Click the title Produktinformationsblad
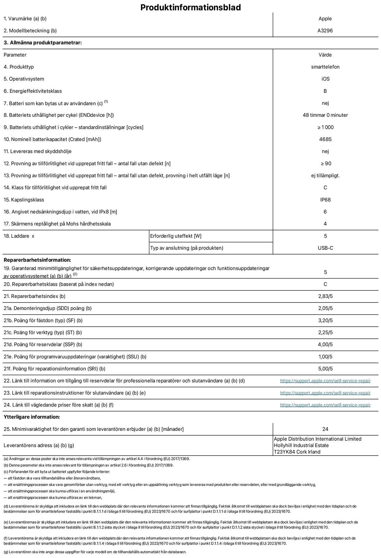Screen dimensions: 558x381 point(190,7)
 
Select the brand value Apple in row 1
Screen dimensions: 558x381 point(325,19)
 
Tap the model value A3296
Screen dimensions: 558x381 point(325,31)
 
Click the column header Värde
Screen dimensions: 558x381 point(325,55)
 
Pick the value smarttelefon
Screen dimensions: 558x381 point(325,67)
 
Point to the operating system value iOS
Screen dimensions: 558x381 point(325,79)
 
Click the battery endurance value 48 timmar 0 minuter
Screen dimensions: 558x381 point(325,115)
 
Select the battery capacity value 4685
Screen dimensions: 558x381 point(325,139)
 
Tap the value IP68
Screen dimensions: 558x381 point(325,200)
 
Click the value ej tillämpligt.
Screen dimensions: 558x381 point(325,175)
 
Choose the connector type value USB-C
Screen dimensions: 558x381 point(325,248)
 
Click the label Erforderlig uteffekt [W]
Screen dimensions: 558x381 point(176,236)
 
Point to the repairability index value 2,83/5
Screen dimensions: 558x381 point(325,296)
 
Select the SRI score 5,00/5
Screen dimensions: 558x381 point(325,369)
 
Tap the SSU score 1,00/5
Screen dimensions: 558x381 point(325,357)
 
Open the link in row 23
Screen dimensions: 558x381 point(325,393)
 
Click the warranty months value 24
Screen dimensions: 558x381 point(325,429)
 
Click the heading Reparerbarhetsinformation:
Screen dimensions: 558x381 point(37,260)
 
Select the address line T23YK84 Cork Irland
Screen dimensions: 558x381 point(297,452)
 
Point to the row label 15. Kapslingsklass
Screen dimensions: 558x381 point(24,200)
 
